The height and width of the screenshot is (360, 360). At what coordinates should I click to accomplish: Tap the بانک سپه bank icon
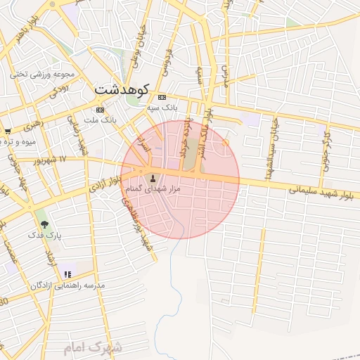point(162,97)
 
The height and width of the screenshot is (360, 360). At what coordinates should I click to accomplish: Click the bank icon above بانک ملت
point(100,110)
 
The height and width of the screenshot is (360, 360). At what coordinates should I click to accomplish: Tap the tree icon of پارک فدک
point(45,225)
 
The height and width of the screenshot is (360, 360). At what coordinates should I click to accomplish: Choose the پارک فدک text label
point(46,236)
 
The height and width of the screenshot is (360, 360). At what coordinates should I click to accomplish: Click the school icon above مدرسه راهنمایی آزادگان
point(67,274)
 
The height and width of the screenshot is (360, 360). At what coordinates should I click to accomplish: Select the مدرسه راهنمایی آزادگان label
point(67,285)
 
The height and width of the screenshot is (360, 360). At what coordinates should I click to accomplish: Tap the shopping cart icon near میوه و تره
point(8,131)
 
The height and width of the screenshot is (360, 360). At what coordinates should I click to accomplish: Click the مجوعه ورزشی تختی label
point(39,74)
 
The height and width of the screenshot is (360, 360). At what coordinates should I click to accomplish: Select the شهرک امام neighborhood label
point(92,347)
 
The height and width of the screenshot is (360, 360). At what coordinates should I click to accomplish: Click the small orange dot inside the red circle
point(225,143)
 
